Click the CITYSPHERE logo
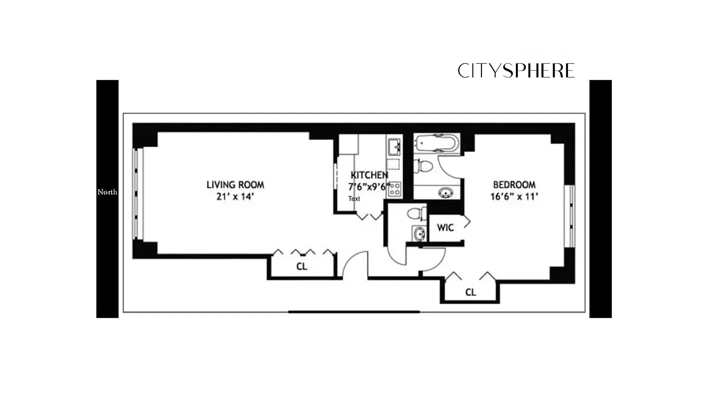[x=516, y=71]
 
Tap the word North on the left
[x=107, y=192]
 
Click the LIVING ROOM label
[x=236, y=185]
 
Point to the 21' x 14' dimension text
[x=236, y=197]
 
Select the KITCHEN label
[x=369, y=175]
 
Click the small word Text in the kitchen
[x=354, y=199]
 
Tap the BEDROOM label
[x=514, y=185]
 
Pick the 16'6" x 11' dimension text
[x=514, y=197]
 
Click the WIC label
[x=445, y=228]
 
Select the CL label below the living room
[x=302, y=267]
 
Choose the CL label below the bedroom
[x=471, y=293]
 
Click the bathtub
[x=437, y=143]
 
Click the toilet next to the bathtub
[x=423, y=166]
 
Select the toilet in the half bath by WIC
[x=416, y=214]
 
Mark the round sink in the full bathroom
[x=445, y=193]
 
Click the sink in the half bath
[x=419, y=233]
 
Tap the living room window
[x=138, y=194]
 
